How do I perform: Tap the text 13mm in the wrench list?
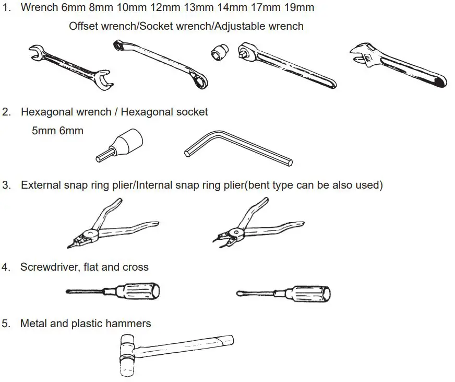pos(195,8)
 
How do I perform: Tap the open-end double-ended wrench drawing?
pos(70,65)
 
